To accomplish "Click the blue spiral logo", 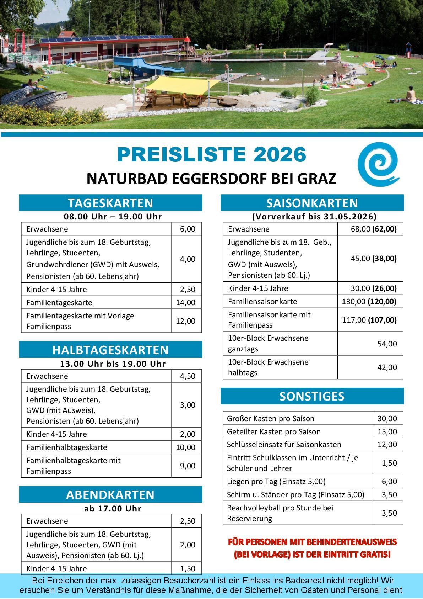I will (x=378, y=164).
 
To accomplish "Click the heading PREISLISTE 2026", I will (x=211, y=155).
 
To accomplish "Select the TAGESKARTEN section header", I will (x=110, y=203).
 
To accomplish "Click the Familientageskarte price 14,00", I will (x=186, y=303).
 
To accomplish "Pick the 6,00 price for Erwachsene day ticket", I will (x=188, y=229).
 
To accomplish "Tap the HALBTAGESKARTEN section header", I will (x=110, y=350).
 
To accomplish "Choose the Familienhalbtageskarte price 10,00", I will (x=186, y=447).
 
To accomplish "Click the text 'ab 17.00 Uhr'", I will (x=113, y=509).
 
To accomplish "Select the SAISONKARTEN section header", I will (x=312, y=203).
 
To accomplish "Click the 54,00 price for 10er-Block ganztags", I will (x=387, y=344).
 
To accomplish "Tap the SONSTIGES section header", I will (x=312, y=396).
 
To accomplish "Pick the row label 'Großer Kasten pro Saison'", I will (x=271, y=419).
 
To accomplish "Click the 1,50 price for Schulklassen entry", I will (x=389, y=463).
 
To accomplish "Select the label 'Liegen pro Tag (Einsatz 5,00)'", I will (x=276, y=482).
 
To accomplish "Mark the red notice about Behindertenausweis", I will (x=312, y=548).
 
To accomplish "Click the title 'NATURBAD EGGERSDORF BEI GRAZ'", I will (x=211, y=179).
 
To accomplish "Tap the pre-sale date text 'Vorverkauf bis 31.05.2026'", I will (x=314, y=217).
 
